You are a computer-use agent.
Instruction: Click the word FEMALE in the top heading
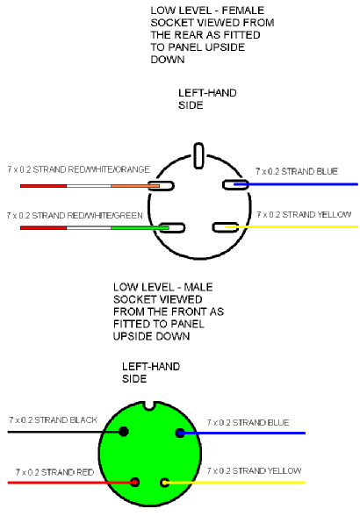(x=242, y=11)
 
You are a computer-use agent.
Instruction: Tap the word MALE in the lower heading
(x=198, y=287)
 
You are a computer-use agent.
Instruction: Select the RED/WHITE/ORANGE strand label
(x=78, y=169)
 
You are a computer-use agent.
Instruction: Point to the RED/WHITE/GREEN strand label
(x=75, y=216)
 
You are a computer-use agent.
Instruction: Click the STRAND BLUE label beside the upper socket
(x=297, y=171)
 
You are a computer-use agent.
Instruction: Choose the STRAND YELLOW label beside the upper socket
(x=304, y=214)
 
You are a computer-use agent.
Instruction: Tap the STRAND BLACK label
(x=53, y=420)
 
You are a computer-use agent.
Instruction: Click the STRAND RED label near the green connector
(x=54, y=472)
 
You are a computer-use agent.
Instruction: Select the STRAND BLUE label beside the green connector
(x=248, y=423)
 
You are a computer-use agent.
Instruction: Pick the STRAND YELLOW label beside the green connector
(x=254, y=471)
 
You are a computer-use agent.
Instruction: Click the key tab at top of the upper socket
(x=198, y=155)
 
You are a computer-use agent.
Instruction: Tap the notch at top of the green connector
(x=149, y=405)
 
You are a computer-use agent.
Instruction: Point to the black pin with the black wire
(x=124, y=432)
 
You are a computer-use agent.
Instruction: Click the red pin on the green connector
(x=134, y=483)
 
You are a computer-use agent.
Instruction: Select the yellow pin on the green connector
(x=164, y=483)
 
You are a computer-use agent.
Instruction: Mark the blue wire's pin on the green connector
(x=180, y=434)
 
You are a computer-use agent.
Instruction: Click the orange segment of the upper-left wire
(x=135, y=186)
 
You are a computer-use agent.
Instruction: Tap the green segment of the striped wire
(x=140, y=228)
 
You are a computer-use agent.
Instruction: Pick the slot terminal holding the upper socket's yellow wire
(x=226, y=227)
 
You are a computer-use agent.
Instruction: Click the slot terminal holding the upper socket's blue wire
(x=235, y=184)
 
